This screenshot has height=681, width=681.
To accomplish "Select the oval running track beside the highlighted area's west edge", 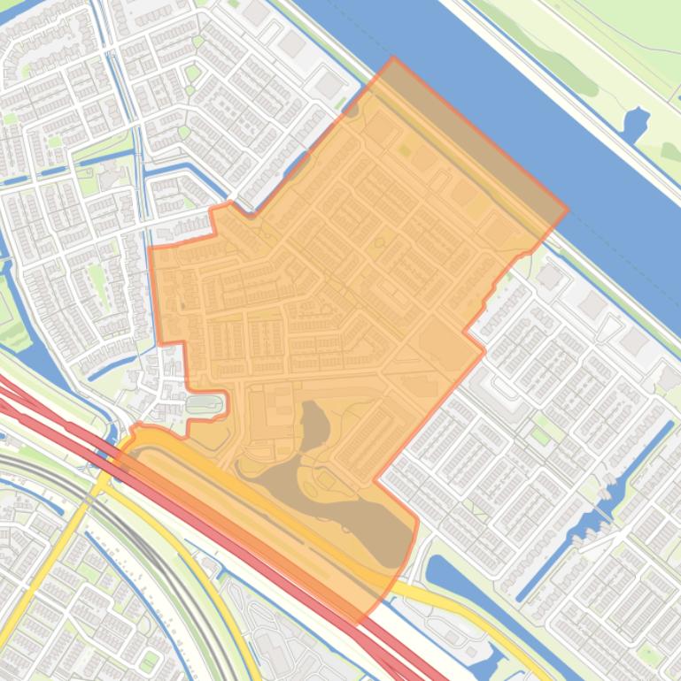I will [x=205, y=405].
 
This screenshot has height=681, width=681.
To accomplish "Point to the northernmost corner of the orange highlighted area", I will [x=393, y=59].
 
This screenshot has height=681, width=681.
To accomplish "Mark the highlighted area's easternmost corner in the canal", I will [x=567, y=210].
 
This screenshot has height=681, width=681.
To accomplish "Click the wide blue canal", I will [x=531, y=106].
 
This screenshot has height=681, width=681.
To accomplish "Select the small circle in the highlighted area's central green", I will [x=380, y=241].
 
